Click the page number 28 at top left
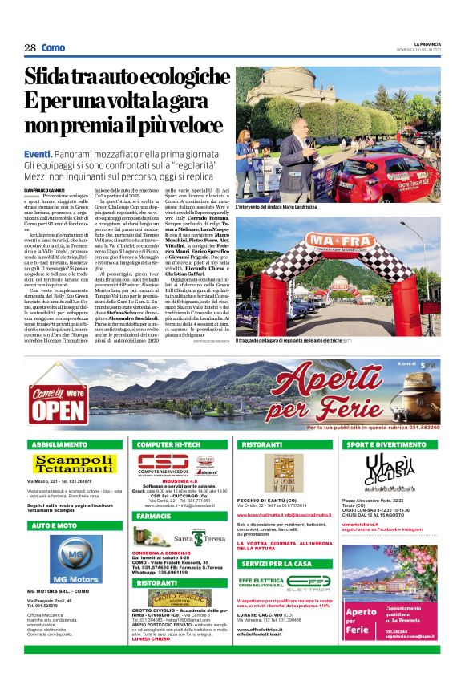pos(30,48)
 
